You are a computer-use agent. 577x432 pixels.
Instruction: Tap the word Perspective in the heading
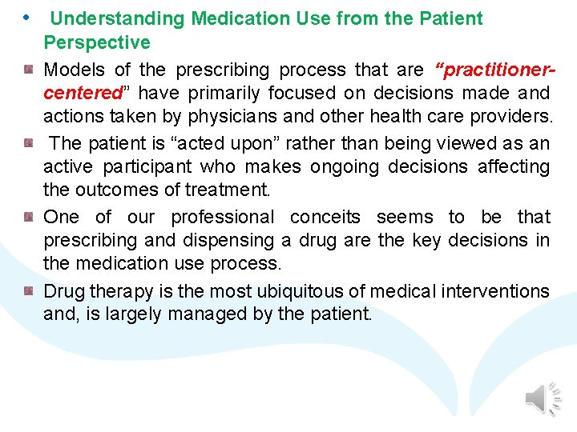point(97,42)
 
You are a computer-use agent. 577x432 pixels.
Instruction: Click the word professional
point(222,217)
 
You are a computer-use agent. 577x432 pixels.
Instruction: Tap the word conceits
point(325,217)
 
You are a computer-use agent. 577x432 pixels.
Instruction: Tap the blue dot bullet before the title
point(26,17)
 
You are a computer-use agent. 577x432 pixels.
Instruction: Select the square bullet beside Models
point(29,70)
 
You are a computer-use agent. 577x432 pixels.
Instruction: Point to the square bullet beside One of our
point(29,217)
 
